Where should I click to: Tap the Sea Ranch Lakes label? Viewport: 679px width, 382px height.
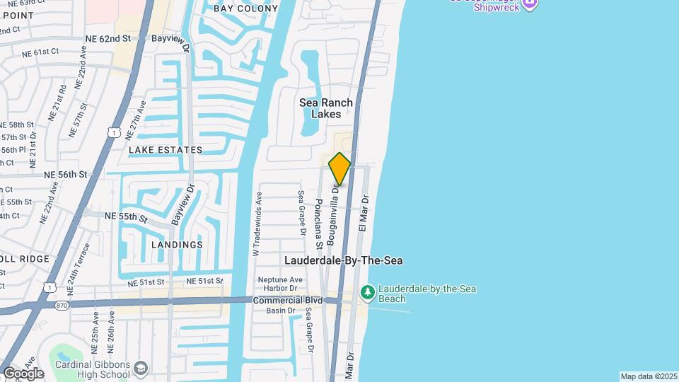tap(325, 108)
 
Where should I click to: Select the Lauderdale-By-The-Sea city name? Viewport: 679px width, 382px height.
tap(343, 260)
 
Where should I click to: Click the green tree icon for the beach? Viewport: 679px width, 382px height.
tap(367, 291)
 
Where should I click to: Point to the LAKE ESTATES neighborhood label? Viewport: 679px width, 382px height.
tap(166, 150)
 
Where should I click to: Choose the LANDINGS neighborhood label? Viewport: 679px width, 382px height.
tap(177, 245)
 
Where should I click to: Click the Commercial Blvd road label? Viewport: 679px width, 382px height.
tap(287, 300)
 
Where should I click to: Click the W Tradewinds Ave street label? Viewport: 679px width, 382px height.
tap(257, 223)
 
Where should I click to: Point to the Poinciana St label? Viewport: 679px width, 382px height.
tap(319, 224)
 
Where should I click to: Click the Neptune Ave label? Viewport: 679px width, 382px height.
tap(280, 279)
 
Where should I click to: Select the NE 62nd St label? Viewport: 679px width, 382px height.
tap(106, 38)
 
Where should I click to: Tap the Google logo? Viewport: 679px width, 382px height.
tap(23, 373)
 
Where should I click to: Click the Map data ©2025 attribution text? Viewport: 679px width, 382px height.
tap(649, 376)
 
